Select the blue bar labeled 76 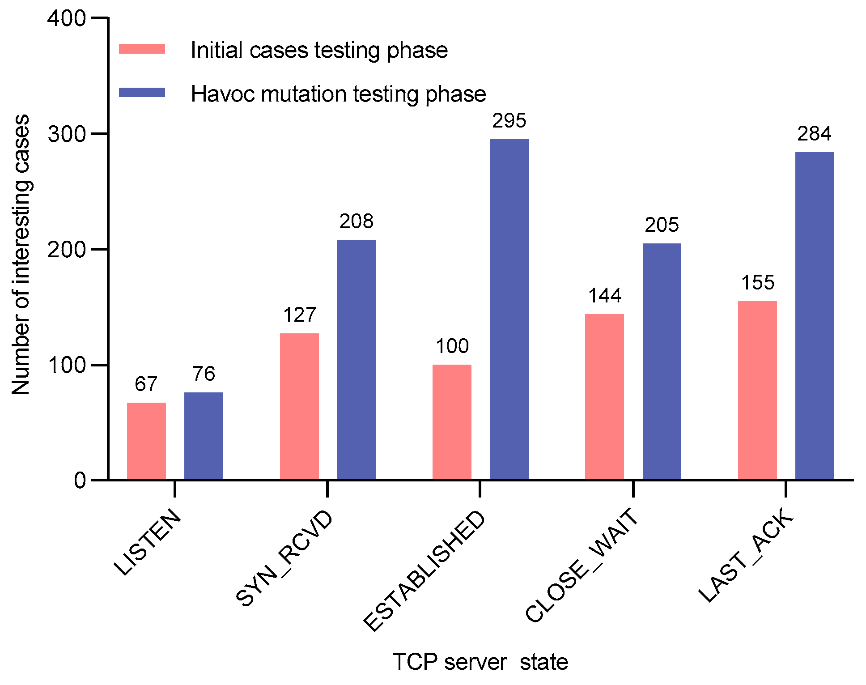pyautogui.click(x=204, y=436)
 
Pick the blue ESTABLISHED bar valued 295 pyautogui.click(x=509, y=309)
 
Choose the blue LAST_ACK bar pyautogui.click(x=815, y=315)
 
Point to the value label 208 pyautogui.click(x=356, y=221)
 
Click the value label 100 pyautogui.click(x=452, y=346)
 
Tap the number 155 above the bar pyautogui.click(x=758, y=283)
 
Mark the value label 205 pyautogui.click(x=662, y=225)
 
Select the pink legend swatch pyautogui.click(x=142, y=49)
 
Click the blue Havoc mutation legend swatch pyautogui.click(x=142, y=93)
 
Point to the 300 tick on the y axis pyautogui.click(x=67, y=134)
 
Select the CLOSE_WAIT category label pyautogui.click(x=582, y=565)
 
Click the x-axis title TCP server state pyautogui.click(x=480, y=662)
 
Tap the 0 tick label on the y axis pyautogui.click(x=80, y=481)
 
